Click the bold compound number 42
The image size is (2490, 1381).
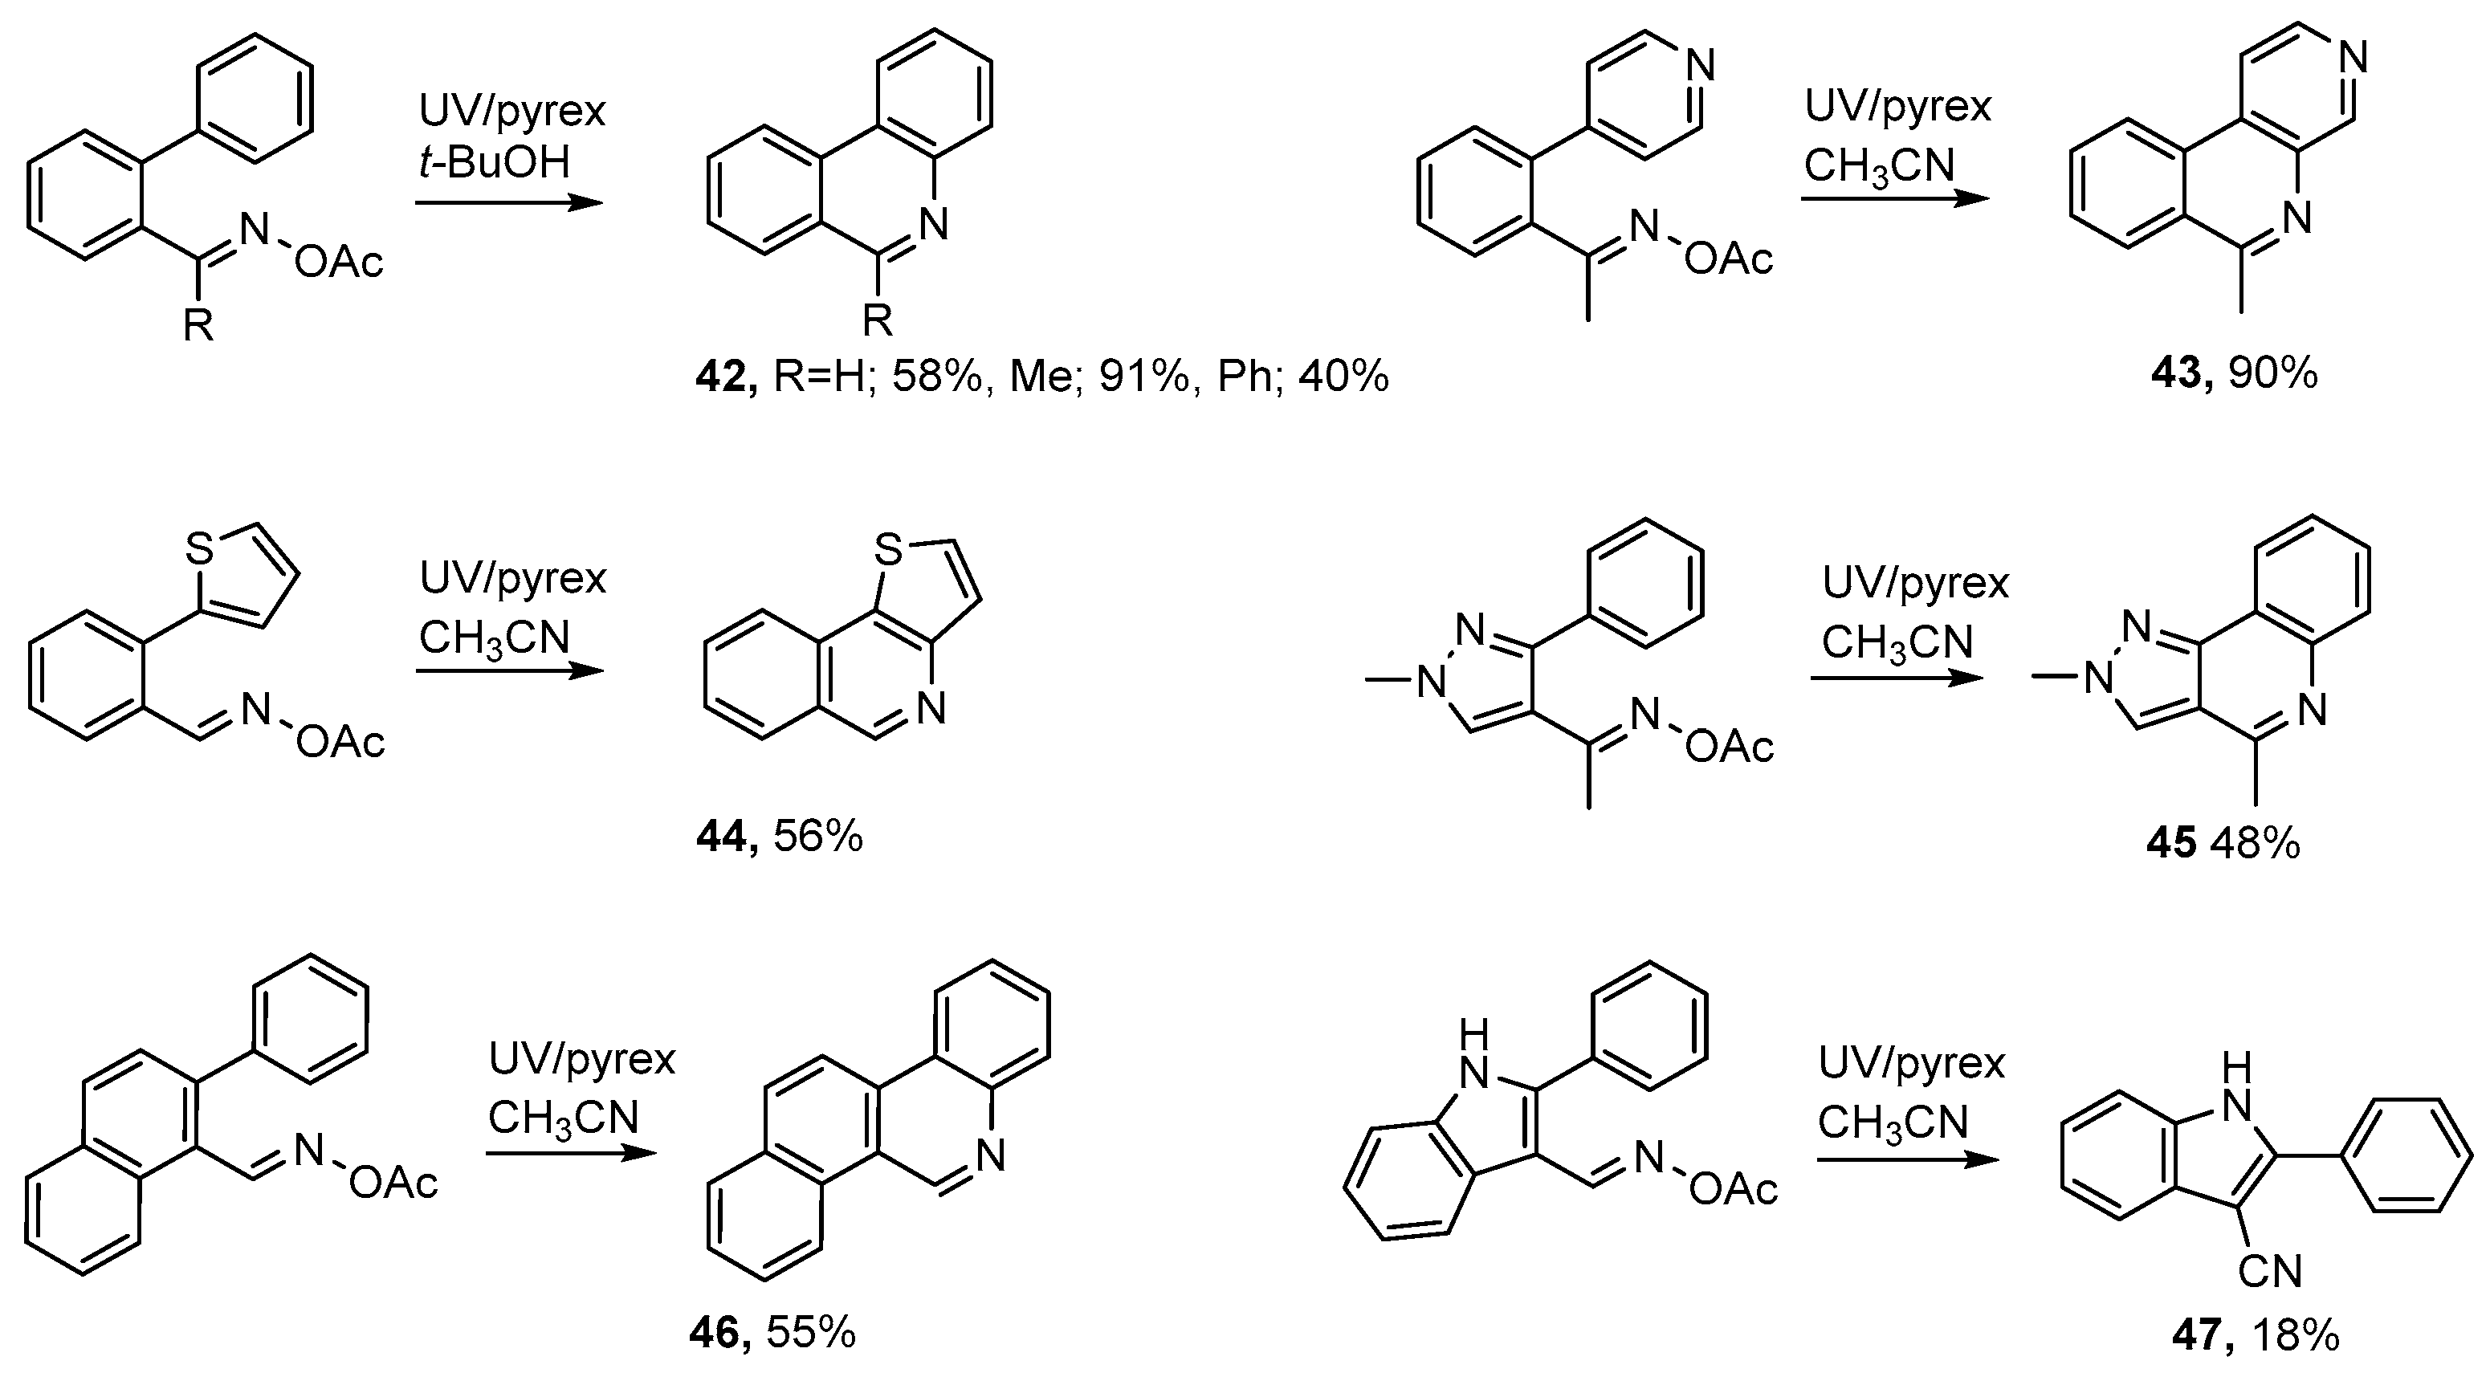tap(725, 375)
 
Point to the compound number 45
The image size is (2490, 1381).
tap(2170, 844)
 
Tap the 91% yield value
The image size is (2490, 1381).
tap(1143, 375)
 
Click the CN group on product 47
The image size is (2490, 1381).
tap(2270, 1271)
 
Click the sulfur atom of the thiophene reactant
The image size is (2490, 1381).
tap(198, 549)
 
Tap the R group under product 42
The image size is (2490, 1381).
tap(877, 319)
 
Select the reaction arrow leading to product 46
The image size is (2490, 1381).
tap(570, 1153)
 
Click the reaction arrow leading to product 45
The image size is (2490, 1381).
tap(1897, 678)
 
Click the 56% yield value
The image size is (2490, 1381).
tap(817, 837)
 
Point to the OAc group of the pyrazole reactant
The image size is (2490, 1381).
tap(1730, 746)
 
